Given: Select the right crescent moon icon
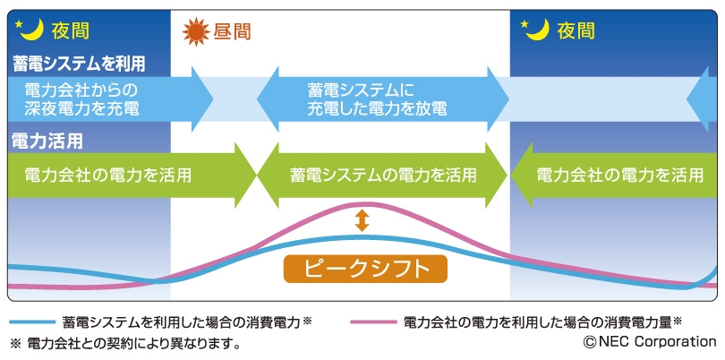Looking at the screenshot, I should pyautogui.click(x=536, y=29).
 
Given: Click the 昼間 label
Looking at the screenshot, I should pyautogui.click(x=232, y=32).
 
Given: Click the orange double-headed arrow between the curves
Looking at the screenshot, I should pyautogui.click(x=362, y=220).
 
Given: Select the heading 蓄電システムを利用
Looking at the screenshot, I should pyautogui.click(x=78, y=64).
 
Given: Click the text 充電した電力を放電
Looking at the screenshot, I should pyautogui.click(x=376, y=109).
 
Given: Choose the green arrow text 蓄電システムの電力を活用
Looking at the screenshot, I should pyautogui.click(x=383, y=174).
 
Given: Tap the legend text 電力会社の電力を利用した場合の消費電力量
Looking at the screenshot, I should pyautogui.click(x=536, y=321).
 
